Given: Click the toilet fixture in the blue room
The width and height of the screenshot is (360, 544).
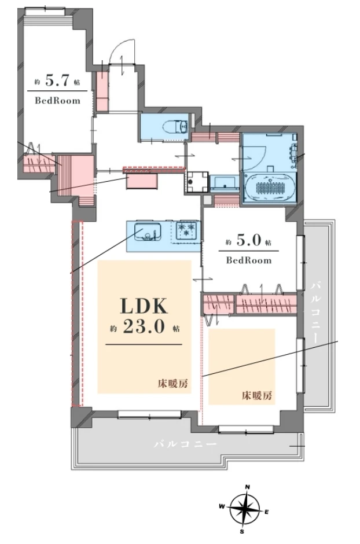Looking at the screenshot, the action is click(x=177, y=126).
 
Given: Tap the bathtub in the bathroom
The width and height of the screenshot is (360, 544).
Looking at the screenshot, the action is click(x=270, y=187).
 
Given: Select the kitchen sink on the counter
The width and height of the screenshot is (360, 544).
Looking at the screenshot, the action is click(x=148, y=231).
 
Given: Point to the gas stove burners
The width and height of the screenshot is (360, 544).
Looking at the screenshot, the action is click(x=186, y=230).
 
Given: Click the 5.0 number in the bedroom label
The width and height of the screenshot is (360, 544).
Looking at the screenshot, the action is click(x=249, y=241).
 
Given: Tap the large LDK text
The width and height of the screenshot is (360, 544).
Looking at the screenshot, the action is click(x=144, y=306).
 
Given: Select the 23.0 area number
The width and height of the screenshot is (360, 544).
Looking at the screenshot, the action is click(x=144, y=327).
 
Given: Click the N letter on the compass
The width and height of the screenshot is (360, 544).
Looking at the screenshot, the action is click(x=248, y=487).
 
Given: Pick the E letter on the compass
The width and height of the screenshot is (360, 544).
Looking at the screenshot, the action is click(x=267, y=512).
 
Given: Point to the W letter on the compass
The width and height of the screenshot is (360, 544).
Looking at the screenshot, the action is click(x=221, y=506).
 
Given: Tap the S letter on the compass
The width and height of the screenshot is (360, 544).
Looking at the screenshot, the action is click(x=242, y=531).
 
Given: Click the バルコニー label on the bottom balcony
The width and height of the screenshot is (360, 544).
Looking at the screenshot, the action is click(x=186, y=444).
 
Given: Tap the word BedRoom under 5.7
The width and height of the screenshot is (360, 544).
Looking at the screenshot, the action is click(x=57, y=101).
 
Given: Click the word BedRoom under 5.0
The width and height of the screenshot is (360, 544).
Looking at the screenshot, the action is click(x=249, y=260).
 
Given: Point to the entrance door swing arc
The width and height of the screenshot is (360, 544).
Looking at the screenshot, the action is click(x=120, y=49).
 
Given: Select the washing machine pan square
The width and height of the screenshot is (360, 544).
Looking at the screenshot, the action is click(x=197, y=182).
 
